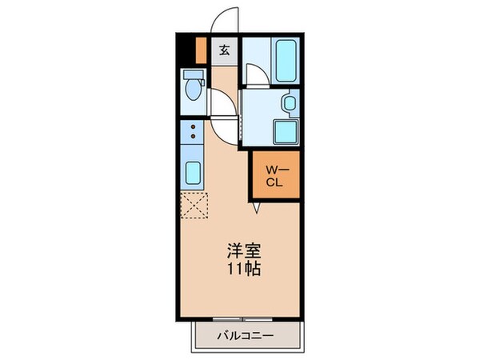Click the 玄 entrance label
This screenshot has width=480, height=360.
click(224, 50)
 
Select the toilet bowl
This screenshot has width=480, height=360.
click(192, 90)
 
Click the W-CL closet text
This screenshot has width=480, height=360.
click(274, 174)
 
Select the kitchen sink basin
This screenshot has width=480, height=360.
click(193, 172)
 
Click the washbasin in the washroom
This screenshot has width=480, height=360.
click(290, 103)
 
